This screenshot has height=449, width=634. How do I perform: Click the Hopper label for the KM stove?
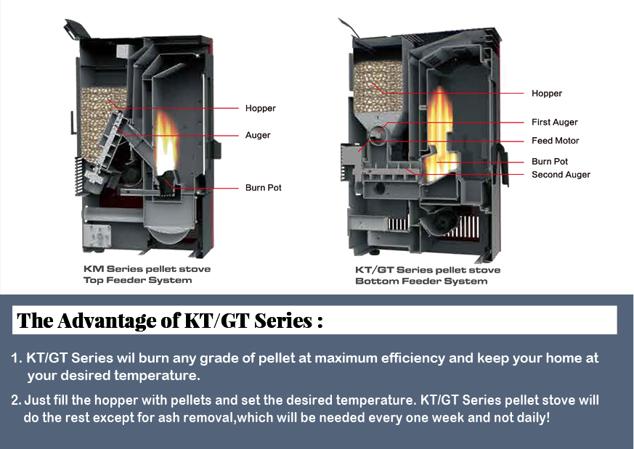(x=261, y=108)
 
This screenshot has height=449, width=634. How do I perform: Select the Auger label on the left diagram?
(x=258, y=135)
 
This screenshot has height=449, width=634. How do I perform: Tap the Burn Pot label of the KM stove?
(x=264, y=188)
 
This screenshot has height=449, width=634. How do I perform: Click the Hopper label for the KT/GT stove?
(x=547, y=93)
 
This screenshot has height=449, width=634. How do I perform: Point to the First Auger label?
(x=555, y=122)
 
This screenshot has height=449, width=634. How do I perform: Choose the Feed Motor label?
(x=556, y=141)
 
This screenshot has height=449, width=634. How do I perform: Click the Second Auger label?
(x=561, y=175)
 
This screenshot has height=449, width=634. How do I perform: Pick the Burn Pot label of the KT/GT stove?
(x=550, y=161)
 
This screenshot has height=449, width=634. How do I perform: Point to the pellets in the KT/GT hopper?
(x=378, y=83)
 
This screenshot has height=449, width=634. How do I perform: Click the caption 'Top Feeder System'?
(x=138, y=280)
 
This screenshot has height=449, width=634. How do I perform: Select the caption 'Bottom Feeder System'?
(x=421, y=281)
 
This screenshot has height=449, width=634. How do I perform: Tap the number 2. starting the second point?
(x=16, y=400)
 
